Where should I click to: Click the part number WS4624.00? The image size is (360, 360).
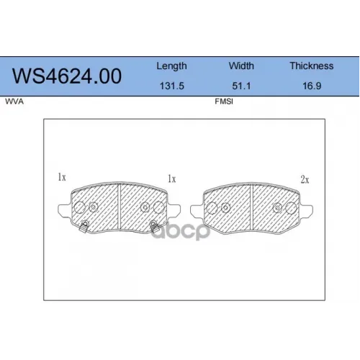(67, 76)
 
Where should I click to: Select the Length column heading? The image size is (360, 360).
(171, 66)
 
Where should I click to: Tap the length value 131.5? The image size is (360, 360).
(172, 86)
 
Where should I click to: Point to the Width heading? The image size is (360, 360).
(241, 66)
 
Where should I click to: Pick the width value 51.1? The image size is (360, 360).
(241, 86)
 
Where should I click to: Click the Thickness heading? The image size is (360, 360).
(312, 66)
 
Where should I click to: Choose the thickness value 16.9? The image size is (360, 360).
(312, 86)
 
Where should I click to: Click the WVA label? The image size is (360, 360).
(14, 102)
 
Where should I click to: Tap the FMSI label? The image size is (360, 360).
(224, 102)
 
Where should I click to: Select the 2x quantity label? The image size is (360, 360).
(305, 179)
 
